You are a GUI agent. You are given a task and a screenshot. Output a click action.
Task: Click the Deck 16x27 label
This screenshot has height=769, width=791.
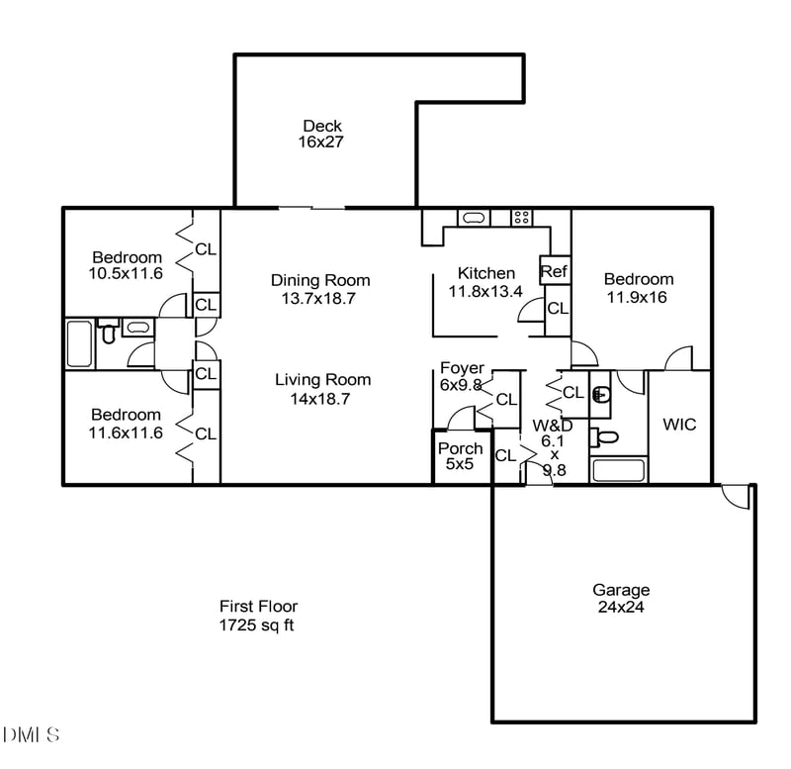322,134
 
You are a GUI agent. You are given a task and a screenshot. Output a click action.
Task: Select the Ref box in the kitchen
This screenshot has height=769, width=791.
553,270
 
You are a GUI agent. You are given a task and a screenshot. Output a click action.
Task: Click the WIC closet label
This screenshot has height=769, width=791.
679,425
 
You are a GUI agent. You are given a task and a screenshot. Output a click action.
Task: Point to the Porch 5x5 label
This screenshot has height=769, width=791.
461,456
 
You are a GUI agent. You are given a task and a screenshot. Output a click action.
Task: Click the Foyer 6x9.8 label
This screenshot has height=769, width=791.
461,376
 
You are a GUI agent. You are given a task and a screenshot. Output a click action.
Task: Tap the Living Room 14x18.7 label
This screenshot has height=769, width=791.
322,388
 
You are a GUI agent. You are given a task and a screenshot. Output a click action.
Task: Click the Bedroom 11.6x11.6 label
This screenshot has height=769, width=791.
126,424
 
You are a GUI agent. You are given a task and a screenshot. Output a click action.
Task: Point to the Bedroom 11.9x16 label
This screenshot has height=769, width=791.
639,287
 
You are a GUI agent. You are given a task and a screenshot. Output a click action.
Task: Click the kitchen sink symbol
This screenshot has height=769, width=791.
474,217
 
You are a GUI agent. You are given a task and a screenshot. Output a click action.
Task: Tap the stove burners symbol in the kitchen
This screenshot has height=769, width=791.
521,217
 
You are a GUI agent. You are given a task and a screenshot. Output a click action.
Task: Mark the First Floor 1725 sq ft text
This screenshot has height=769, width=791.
257,616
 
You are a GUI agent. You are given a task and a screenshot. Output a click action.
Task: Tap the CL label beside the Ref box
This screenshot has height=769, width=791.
558,308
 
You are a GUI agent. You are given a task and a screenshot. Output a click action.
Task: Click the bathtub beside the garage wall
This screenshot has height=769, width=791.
619,470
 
